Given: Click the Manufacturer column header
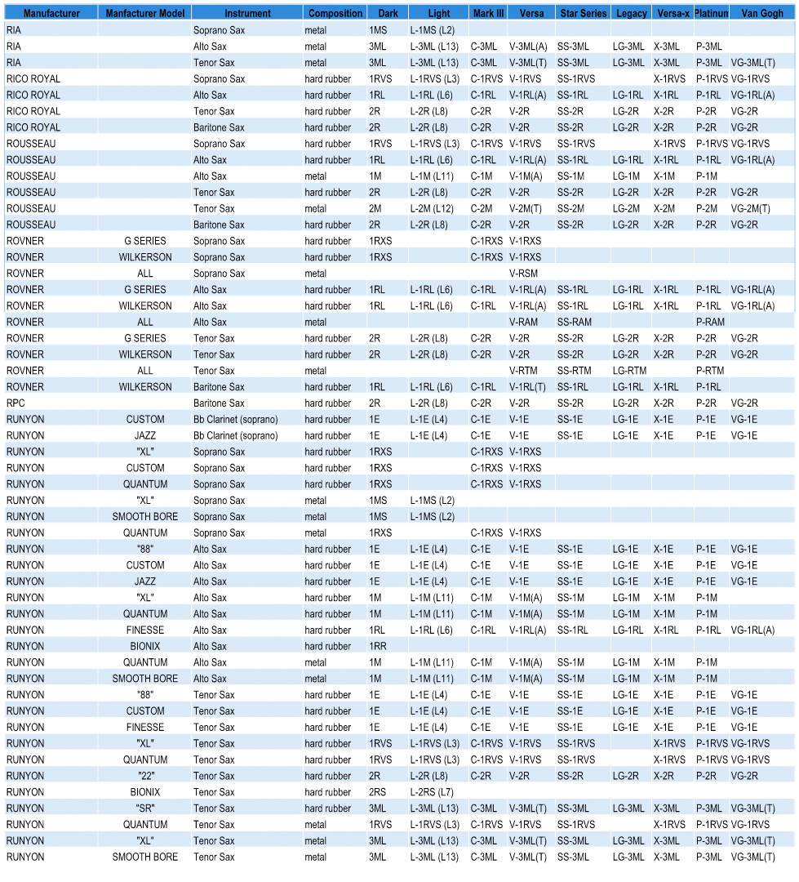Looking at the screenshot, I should (x=51, y=13).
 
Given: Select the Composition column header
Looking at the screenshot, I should (x=335, y=13).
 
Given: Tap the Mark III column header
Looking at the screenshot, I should (x=488, y=13).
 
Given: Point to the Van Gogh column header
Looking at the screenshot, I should (x=762, y=13).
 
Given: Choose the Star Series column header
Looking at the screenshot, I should (x=583, y=13).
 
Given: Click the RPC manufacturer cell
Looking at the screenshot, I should (x=16, y=403).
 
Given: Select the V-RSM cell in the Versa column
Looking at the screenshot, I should (x=523, y=274).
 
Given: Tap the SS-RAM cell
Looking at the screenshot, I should (x=575, y=322).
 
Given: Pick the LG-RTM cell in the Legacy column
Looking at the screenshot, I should (x=629, y=371).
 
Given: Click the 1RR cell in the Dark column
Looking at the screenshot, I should (x=378, y=646).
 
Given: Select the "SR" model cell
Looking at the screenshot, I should (x=145, y=808).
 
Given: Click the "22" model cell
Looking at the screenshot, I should (x=145, y=776).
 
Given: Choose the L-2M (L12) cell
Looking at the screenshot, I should (x=433, y=208).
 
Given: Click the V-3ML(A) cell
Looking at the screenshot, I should (x=528, y=46).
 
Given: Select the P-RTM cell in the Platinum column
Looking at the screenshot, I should (x=710, y=371).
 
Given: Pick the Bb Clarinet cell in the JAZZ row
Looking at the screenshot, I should (x=235, y=435).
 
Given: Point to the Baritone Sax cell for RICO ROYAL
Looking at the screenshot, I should (x=219, y=127).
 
